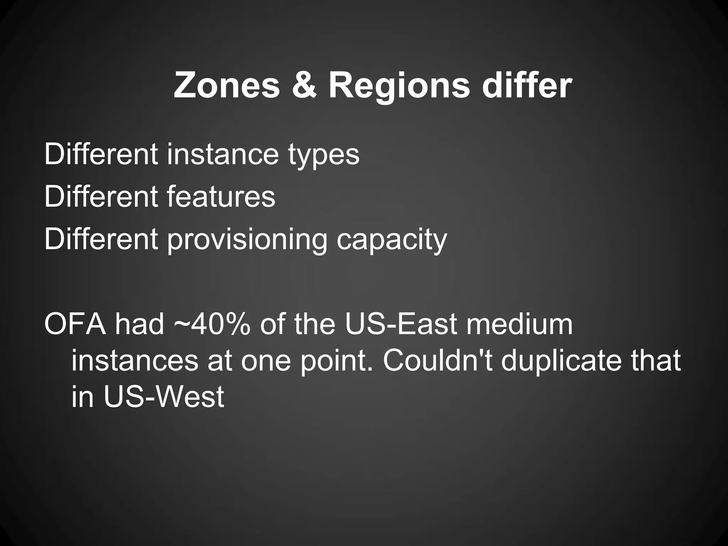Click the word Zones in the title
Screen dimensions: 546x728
(x=227, y=86)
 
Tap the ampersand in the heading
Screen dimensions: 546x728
(x=304, y=86)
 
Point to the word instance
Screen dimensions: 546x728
(x=223, y=155)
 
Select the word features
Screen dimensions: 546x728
(x=221, y=197)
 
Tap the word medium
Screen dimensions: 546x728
(x=519, y=324)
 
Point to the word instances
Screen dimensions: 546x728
(x=135, y=360)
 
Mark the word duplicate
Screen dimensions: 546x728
(x=562, y=361)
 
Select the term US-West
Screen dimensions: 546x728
(x=164, y=396)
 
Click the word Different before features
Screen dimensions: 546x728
(x=101, y=197)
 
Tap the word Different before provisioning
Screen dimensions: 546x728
(x=101, y=239)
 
